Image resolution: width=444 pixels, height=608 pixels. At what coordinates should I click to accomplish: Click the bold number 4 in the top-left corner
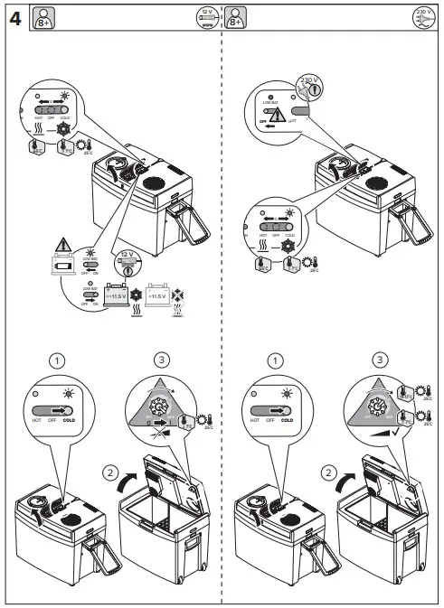15,18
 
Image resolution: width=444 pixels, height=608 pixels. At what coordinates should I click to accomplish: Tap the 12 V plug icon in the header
208,17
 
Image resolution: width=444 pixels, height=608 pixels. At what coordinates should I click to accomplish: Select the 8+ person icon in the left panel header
42,17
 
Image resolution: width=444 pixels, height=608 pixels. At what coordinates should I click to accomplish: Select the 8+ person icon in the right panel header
236,17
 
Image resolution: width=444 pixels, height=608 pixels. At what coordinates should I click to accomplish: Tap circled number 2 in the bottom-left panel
109,471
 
